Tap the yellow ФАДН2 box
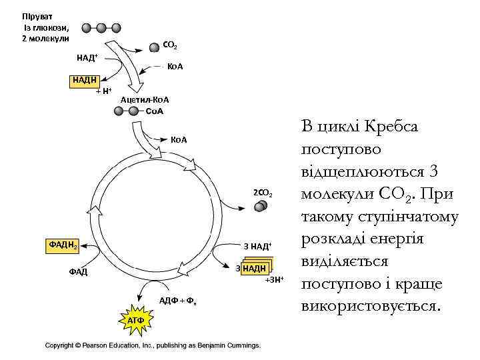[63, 245]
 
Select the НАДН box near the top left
[85, 81]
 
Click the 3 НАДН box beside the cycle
[254, 268]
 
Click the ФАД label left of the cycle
[78, 271]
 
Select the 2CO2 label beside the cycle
[262, 193]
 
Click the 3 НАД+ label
[258, 247]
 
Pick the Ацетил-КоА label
[145, 100]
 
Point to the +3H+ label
[274, 279]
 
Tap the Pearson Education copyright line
[153, 345]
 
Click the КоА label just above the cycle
[179, 140]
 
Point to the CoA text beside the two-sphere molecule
[154, 111]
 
